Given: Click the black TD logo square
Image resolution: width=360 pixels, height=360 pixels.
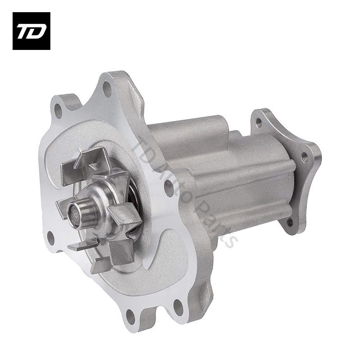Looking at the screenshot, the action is coord(31,31).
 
